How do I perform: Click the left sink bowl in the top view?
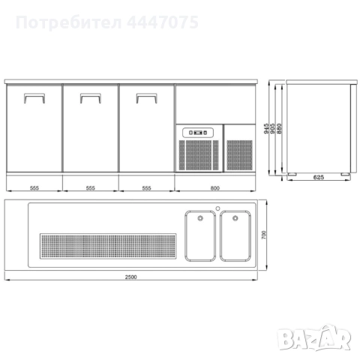pyautogui.click(x=200, y=235)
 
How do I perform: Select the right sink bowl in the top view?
pyautogui.click(x=235, y=235)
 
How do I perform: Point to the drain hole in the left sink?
pyautogui.click(x=201, y=218)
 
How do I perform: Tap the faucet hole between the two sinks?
pyautogui.click(x=217, y=208)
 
